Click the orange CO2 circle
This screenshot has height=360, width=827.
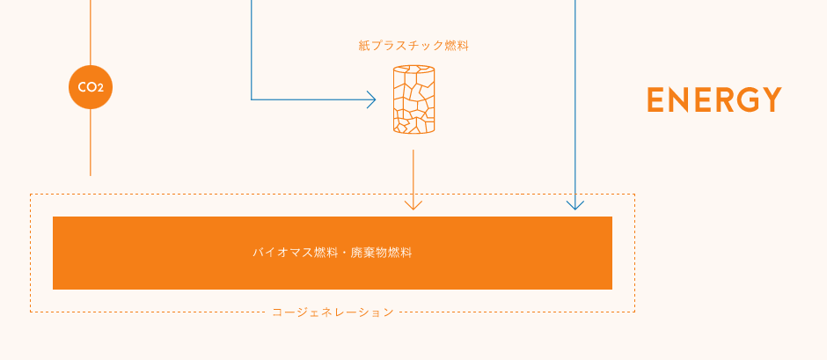pyautogui.click(x=91, y=87)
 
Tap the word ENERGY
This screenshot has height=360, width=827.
pyautogui.click(x=714, y=99)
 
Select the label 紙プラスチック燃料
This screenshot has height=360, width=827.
pyautogui.click(x=413, y=46)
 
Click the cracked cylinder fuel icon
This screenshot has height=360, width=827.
pyautogui.click(x=414, y=99)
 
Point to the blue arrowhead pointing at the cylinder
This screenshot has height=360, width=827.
pyautogui.click(x=371, y=99)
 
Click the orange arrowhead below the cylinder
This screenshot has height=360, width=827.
pyautogui.click(x=413, y=205)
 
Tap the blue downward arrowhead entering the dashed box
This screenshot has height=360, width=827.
pyautogui.click(x=575, y=205)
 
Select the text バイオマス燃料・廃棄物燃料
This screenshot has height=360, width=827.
pyautogui.click(x=333, y=253)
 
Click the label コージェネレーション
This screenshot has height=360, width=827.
pyautogui.click(x=333, y=312)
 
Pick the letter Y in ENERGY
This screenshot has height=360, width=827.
pyautogui.click(x=772, y=99)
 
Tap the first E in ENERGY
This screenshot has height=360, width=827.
pyautogui.click(x=655, y=99)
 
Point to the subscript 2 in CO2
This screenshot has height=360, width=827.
pyautogui.click(x=100, y=89)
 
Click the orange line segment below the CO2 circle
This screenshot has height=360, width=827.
pyautogui.click(x=91, y=143)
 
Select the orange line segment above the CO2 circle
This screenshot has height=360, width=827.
pyautogui.click(x=91, y=33)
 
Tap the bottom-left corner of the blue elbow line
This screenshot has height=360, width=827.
pyautogui.click(x=252, y=99)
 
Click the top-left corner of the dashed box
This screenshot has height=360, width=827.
pyautogui.click(x=31, y=195)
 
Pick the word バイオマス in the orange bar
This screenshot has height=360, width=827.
pyautogui.click(x=282, y=253)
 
